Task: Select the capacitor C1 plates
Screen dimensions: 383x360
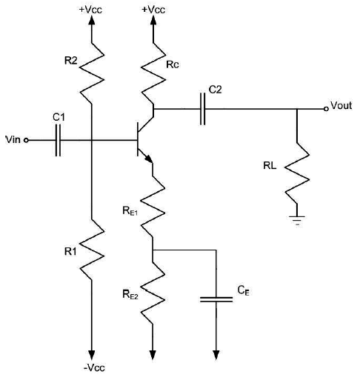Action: pos(57,139)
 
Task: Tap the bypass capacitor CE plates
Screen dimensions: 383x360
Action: pos(216,300)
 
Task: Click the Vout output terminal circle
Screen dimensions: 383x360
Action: pos(325,109)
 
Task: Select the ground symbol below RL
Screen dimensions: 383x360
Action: pos(296,219)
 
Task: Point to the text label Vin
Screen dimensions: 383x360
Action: pos(13,139)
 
